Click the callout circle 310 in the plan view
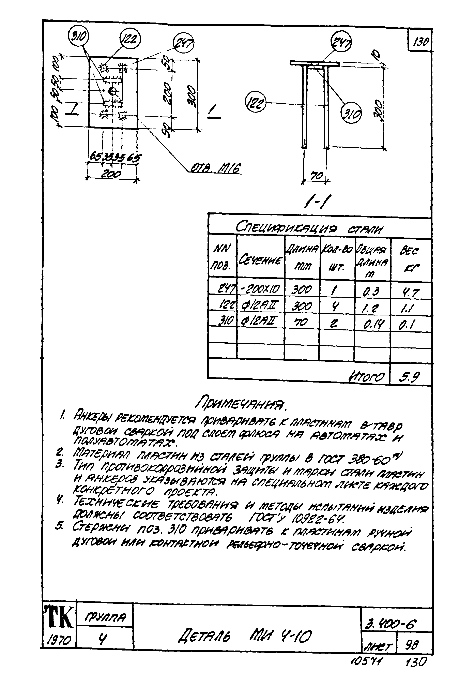78,37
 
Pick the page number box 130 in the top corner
419,43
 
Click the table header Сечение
260,260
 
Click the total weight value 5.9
410,377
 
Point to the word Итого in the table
367,377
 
